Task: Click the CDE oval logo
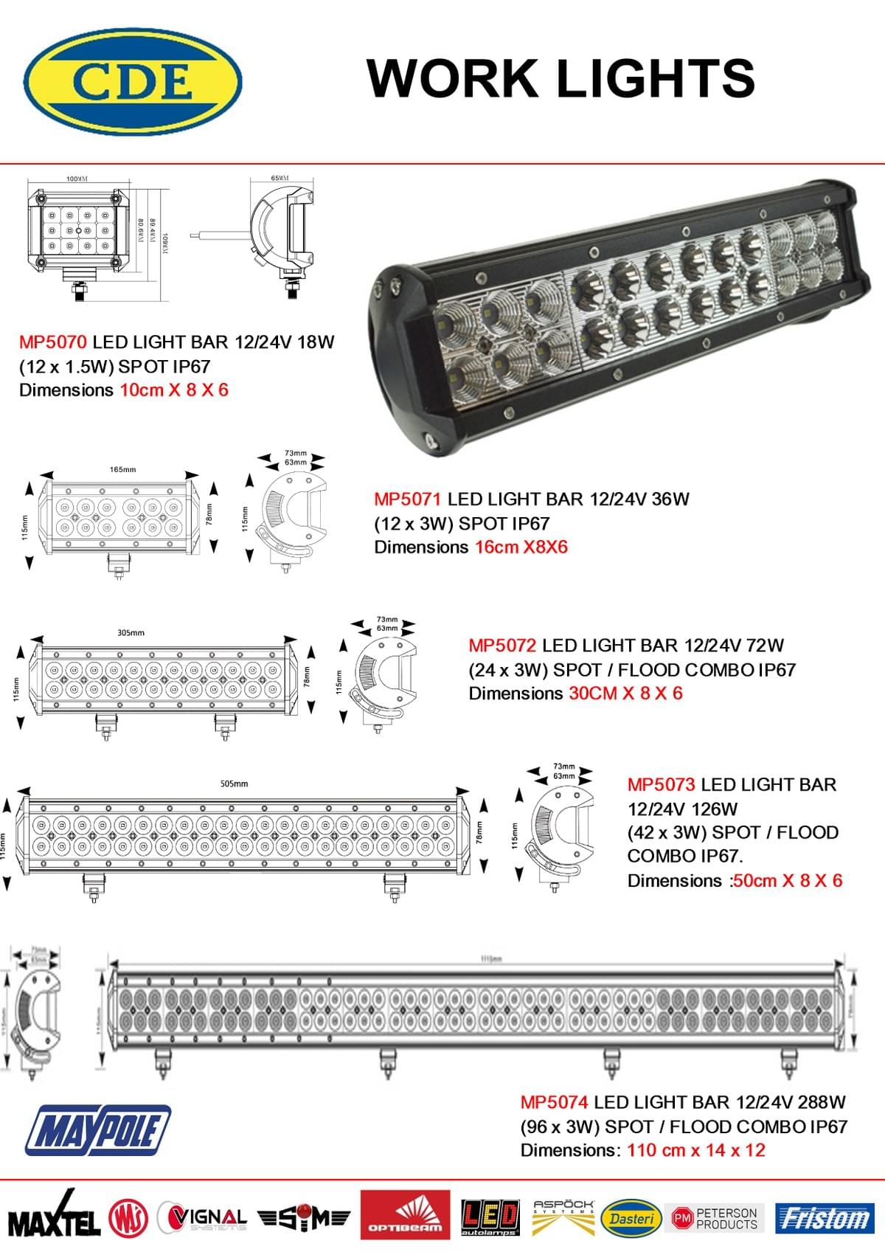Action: click(133, 80)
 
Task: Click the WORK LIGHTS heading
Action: click(560, 77)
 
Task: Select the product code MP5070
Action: click(53, 342)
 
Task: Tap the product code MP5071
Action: click(408, 499)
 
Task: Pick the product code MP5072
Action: click(502, 646)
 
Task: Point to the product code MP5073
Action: click(662, 784)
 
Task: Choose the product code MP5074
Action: click(554, 1102)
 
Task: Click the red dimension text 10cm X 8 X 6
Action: click(174, 390)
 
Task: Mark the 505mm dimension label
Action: click(235, 784)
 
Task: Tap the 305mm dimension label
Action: click(131, 632)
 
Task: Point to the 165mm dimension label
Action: click(122, 469)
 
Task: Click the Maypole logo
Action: click(98, 1130)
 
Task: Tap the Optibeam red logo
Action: click(405, 1214)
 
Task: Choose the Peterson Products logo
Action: click(715, 1218)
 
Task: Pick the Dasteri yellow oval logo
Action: click(631, 1218)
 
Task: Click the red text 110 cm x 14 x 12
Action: click(696, 1150)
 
